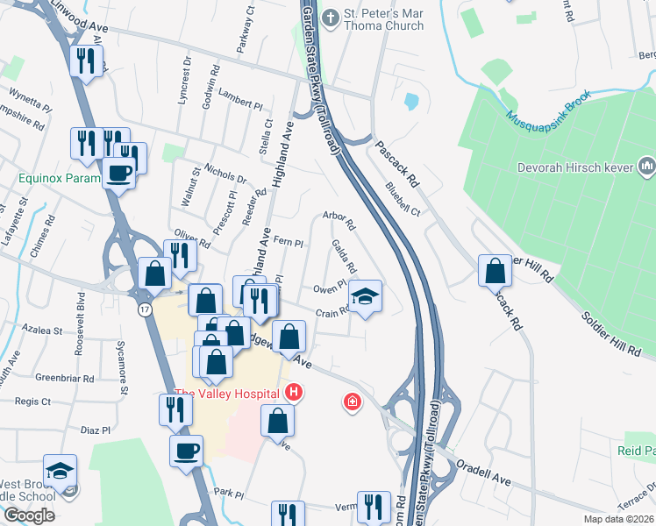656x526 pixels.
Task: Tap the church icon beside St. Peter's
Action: tap(331, 17)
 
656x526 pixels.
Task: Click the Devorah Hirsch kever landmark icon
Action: tap(647, 165)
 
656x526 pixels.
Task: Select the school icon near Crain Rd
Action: tap(366, 295)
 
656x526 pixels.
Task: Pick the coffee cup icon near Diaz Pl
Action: tap(186, 451)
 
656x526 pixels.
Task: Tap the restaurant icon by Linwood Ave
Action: tap(86, 60)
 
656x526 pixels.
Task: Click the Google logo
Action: tap(29, 515)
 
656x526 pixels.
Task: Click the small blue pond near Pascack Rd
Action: tap(411, 102)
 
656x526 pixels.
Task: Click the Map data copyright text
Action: tap(617, 519)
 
